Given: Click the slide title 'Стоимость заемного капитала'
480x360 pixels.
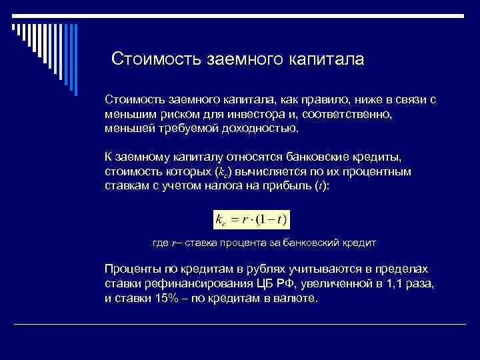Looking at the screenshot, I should [237, 59].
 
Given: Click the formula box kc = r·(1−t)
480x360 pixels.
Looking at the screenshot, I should [251, 219].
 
